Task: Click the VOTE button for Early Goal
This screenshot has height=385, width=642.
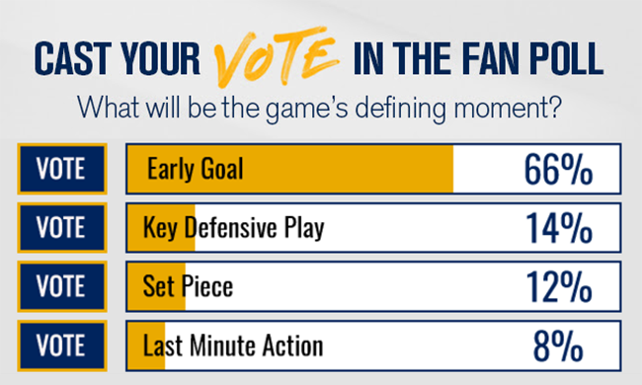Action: (61, 169)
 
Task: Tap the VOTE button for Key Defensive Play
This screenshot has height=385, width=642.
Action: (61, 228)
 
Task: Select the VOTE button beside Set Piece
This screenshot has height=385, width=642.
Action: (61, 286)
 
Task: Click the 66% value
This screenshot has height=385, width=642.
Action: (557, 169)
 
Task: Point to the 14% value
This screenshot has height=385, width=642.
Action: (557, 228)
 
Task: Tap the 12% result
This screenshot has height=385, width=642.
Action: (557, 286)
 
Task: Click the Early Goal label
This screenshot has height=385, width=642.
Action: (195, 169)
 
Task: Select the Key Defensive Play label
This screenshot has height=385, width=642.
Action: (233, 228)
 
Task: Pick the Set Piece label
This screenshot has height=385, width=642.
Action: (188, 286)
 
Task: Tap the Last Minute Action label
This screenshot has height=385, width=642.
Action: (233, 346)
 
